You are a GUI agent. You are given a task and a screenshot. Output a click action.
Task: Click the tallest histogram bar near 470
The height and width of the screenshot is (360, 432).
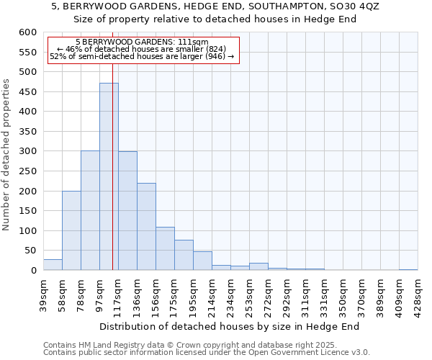[109, 176]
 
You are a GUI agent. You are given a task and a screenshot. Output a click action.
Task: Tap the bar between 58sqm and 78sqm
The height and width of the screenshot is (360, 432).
[71, 230]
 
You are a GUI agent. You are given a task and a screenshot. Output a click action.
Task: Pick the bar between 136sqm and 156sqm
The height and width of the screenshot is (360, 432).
[146, 227]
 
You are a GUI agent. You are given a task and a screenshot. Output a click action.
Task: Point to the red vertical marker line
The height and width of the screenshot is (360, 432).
[113, 180]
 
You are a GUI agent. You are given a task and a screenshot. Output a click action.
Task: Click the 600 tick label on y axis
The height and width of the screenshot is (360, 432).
[27, 32]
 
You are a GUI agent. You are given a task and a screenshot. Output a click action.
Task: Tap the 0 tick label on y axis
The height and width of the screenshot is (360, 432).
[33, 271]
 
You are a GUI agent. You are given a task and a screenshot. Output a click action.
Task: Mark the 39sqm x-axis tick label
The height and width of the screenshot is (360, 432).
[44, 294]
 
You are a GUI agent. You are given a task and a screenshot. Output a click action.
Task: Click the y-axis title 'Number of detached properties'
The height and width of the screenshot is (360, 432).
[6, 155]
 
